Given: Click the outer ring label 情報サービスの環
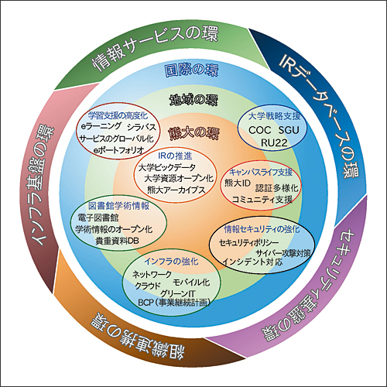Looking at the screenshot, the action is pyautogui.click(x=156, y=48).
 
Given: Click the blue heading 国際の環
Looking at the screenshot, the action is pyautogui.click(x=191, y=70).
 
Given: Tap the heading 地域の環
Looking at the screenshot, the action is pyautogui.click(x=193, y=100).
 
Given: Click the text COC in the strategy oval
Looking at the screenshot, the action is pyautogui.click(x=260, y=130).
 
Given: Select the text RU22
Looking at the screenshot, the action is pyautogui.click(x=274, y=143).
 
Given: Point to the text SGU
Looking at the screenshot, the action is pyautogui.click(x=289, y=130).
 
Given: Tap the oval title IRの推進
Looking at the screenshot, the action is pyautogui.click(x=175, y=156).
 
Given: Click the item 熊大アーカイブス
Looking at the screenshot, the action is pyautogui.click(x=176, y=190).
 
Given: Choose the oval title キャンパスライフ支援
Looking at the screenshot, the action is pyautogui.click(x=261, y=172).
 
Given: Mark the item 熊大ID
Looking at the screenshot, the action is pyautogui.click(x=238, y=183).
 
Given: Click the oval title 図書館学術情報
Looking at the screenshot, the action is pyautogui.click(x=118, y=206).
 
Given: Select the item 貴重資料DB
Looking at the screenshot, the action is pyautogui.click(x=118, y=241).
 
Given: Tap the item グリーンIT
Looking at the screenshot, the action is pyautogui.click(x=178, y=293).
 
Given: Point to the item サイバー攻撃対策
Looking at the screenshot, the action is pyautogui.click(x=283, y=252).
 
